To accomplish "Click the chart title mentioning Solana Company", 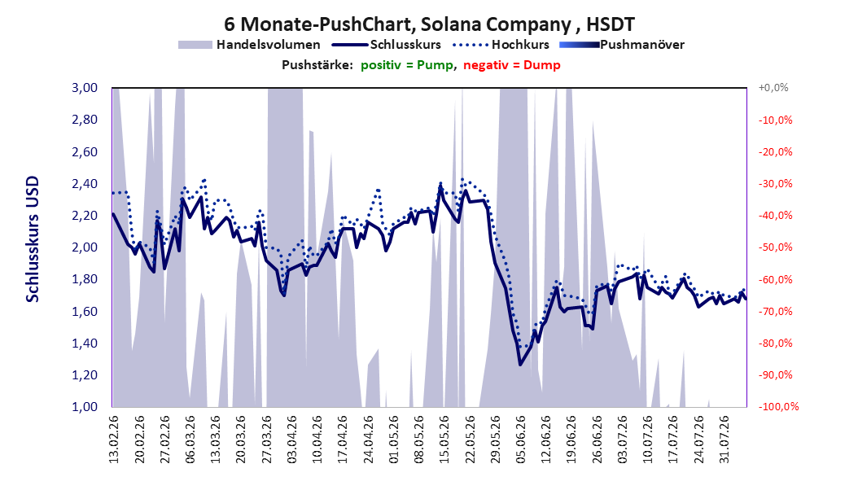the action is (x=429, y=24).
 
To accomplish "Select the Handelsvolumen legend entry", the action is (x=249, y=45).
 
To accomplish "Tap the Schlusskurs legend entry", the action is (x=387, y=45).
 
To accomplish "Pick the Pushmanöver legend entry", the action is (x=622, y=45).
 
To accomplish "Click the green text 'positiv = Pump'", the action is (x=407, y=65).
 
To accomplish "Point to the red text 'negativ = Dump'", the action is (x=512, y=65).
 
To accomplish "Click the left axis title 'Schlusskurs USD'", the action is (x=33, y=239).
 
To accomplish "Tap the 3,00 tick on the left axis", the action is (x=85, y=88).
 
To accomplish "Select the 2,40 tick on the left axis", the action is (x=85, y=184).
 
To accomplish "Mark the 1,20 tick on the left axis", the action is (x=85, y=375).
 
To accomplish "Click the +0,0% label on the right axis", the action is (x=773, y=88).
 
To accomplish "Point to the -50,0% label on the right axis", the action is (x=775, y=247).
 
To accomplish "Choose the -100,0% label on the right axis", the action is (x=777, y=406).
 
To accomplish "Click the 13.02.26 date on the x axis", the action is (x=114, y=440).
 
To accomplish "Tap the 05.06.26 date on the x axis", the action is (x=520, y=440).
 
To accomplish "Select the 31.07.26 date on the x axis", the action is (x=724, y=440).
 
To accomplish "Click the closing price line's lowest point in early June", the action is (x=520, y=365).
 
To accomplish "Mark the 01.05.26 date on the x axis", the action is (x=393, y=440).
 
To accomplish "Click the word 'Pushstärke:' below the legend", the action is (x=317, y=65).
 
